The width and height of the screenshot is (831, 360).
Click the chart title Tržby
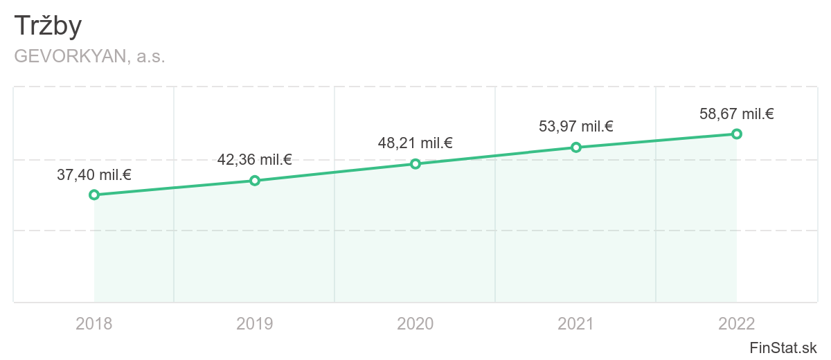point(48,26)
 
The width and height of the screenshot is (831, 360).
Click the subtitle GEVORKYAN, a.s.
point(89,57)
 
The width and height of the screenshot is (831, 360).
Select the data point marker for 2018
point(94,195)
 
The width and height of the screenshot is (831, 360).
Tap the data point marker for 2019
point(255,181)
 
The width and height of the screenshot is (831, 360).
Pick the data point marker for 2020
point(415,164)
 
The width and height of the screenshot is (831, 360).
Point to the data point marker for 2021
point(576,147)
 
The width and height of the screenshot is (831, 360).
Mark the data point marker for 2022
point(737,134)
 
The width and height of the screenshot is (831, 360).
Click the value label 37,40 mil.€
point(94,175)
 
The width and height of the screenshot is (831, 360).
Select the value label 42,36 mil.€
point(255,160)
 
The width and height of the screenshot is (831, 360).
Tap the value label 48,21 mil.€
point(415,143)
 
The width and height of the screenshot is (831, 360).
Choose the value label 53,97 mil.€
point(576,127)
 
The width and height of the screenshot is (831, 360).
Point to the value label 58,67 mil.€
point(737,114)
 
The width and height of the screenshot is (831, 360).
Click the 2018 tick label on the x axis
point(94,323)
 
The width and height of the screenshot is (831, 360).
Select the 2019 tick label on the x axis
point(255,323)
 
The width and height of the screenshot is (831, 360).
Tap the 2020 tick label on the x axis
point(415,323)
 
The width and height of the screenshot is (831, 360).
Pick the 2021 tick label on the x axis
point(576,323)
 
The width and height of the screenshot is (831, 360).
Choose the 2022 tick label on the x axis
point(737,323)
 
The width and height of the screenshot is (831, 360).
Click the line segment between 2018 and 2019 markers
point(175,188)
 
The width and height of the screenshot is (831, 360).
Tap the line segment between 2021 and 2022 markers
point(656,141)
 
